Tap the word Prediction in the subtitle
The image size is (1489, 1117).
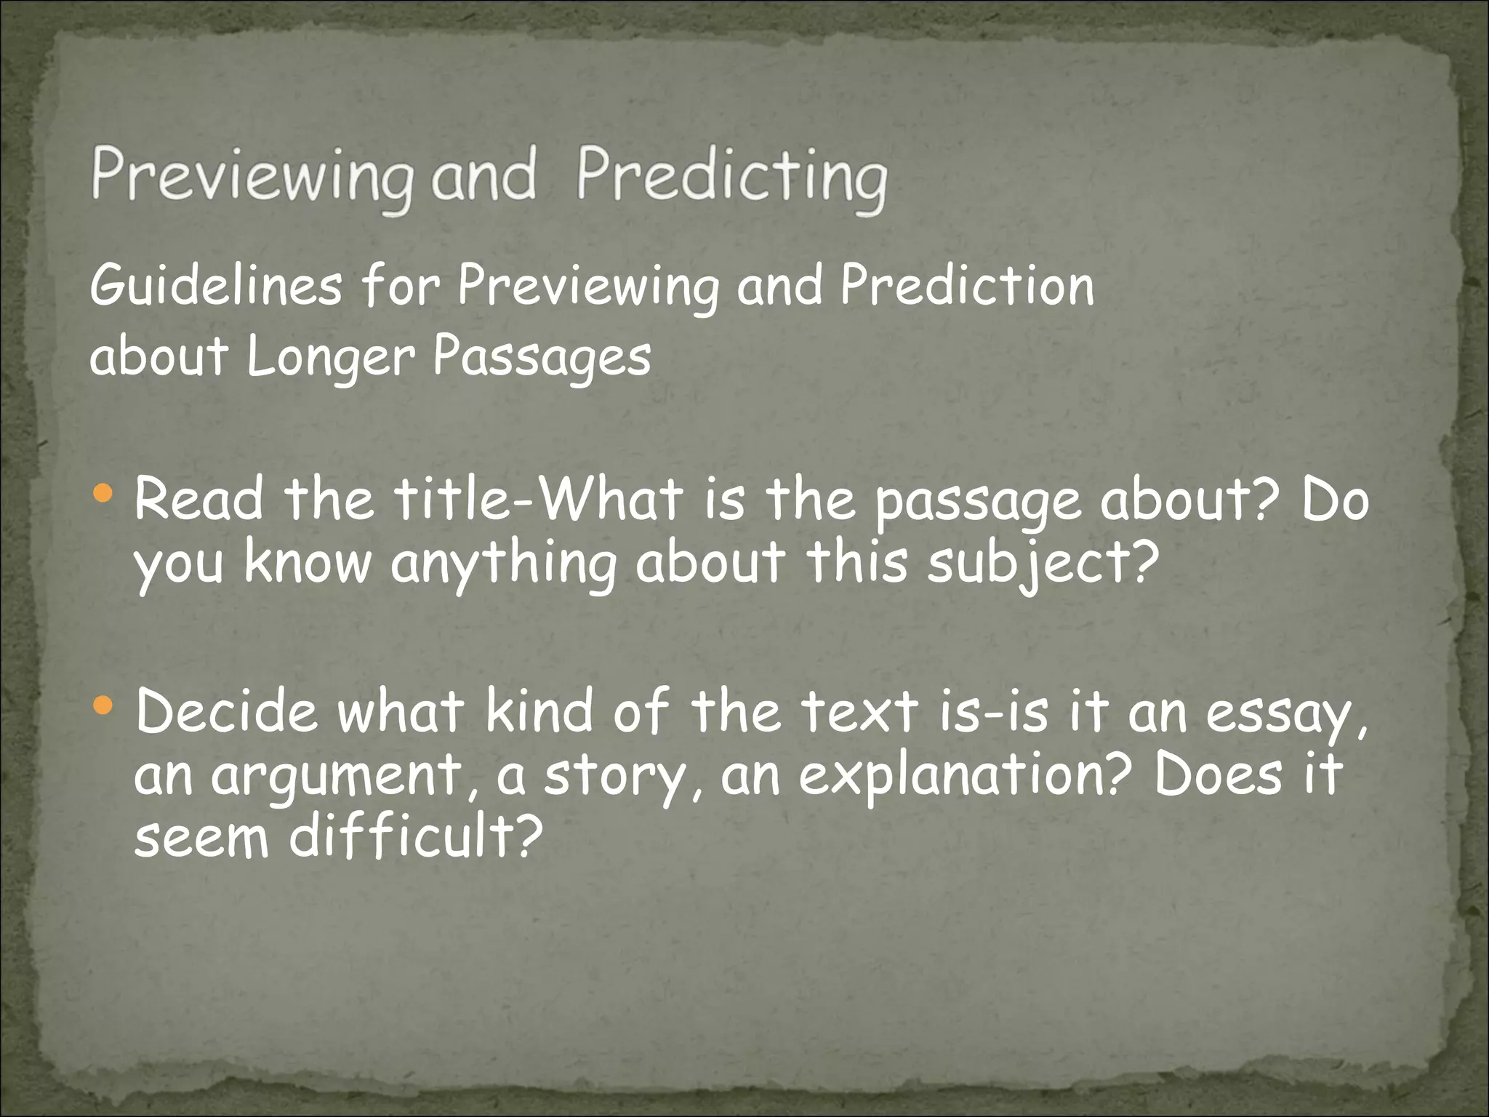click(x=967, y=286)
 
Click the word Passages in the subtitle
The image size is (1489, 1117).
click(x=542, y=358)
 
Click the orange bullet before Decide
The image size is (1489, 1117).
click(x=104, y=704)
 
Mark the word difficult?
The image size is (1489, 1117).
click(x=416, y=836)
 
